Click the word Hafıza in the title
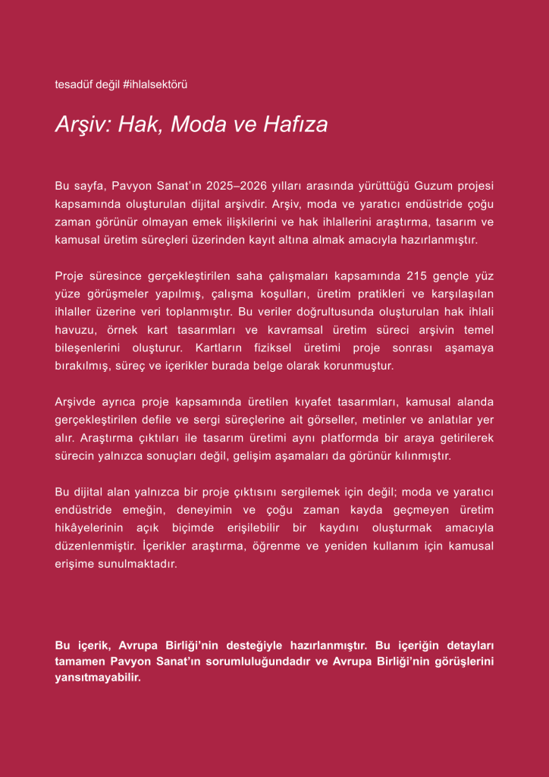click(x=296, y=124)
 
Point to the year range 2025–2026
click(x=244, y=185)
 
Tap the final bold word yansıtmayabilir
click(x=99, y=679)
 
